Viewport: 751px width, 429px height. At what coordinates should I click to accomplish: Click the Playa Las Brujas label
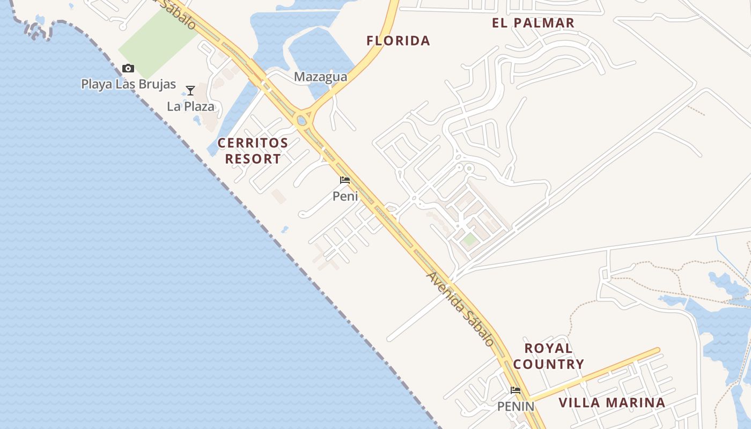coord(128,84)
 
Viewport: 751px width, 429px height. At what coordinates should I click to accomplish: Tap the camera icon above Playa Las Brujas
coord(128,68)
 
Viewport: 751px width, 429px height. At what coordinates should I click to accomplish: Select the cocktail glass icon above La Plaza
coord(190,90)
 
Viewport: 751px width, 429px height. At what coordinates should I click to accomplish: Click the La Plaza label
coord(190,106)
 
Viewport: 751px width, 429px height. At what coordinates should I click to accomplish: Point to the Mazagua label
coord(320,77)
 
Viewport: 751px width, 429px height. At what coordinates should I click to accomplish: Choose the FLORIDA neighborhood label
coord(398,40)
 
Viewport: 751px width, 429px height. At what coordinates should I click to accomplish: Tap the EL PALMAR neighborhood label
coord(533,23)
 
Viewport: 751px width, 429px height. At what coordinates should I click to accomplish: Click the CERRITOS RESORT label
coord(253,151)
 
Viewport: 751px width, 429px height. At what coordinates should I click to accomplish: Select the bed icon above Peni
coord(345,180)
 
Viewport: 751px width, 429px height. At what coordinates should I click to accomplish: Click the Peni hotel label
coord(345,196)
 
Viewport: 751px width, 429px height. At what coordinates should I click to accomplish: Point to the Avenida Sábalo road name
coord(460,308)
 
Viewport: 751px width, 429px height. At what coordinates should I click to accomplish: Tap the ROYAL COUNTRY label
coord(548,356)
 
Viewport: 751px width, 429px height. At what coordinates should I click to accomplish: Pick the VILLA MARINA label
coord(612,403)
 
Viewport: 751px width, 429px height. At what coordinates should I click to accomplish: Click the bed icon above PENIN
coord(516,390)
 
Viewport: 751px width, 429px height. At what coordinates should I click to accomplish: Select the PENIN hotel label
coord(516,406)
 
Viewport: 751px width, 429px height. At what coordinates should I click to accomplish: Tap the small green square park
coord(470,240)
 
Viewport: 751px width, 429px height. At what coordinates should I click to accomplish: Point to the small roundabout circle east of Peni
coord(469,168)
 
